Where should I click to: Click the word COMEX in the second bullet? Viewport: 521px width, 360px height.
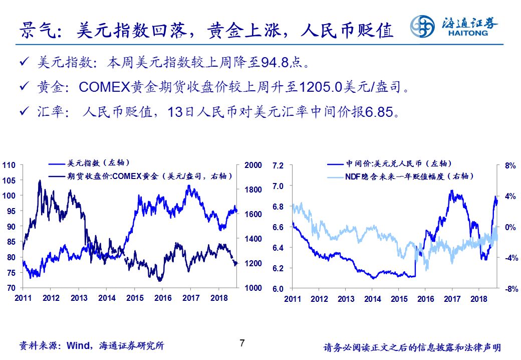[x=105, y=87]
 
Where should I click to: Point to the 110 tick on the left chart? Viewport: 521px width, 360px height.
[x=10, y=165]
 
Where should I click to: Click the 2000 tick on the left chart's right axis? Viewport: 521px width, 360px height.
[x=252, y=165]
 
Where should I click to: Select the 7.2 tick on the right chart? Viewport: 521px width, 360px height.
[x=278, y=165]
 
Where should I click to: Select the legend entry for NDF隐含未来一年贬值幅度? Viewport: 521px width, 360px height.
[x=408, y=176]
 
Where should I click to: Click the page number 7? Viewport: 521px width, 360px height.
[x=242, y=343]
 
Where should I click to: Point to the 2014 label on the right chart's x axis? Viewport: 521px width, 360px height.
[x=372, y=299]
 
